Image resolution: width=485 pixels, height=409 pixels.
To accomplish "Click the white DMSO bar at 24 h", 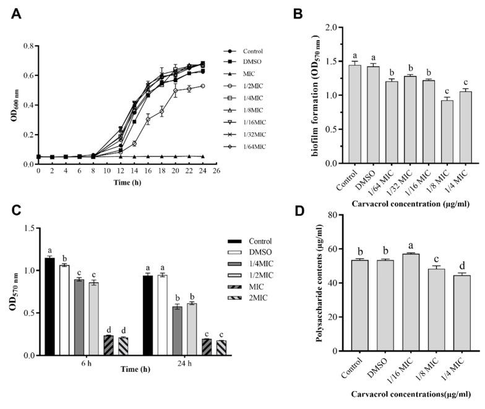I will point(162,315).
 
